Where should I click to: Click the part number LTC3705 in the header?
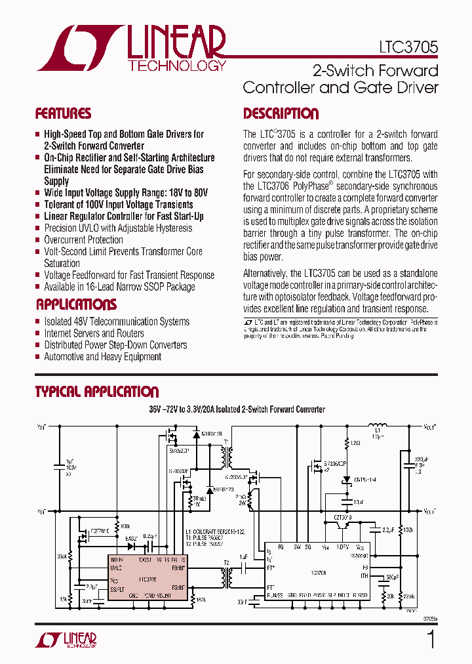pyautogui.click(x=408, y=47)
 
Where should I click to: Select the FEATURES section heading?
pyautogui.click(x=63, y=114)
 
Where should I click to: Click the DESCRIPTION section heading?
pyautogui.click(x=281, y=114)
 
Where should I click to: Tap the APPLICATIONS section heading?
pyautogui.click(x=76, y=304)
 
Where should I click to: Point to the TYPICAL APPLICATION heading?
pyautogui.click(x=96, y=392)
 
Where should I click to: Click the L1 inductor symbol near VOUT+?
pyautogui.click(x=378, y=426)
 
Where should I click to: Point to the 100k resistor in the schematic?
pyautogui.click(x=119, y=526)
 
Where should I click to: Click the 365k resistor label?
pyautogui.click(x=62, y=557)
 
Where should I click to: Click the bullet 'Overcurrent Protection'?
pyautogui.click(x=83, y=240)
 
